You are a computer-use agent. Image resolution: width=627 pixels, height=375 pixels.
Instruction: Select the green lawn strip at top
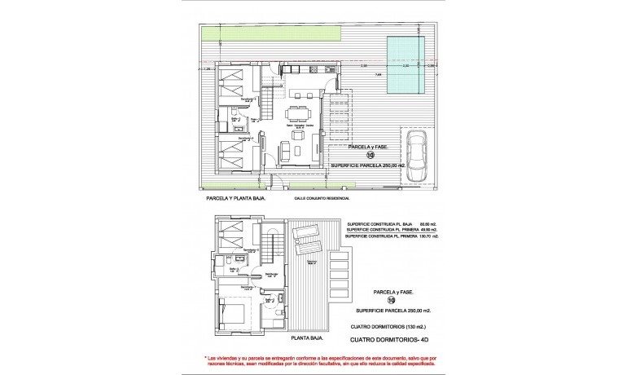[x=272, y=32]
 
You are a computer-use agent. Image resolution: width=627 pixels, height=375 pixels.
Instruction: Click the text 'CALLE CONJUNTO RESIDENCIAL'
[x=322, y=198]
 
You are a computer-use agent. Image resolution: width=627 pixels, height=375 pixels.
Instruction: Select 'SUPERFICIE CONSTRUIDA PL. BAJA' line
[x=380, y=223]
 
